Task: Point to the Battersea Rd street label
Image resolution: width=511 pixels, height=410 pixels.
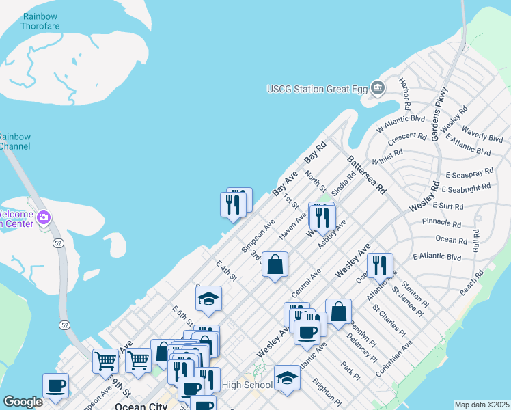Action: pos(367,174)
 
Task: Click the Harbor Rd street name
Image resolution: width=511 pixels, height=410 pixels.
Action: pos(404,94)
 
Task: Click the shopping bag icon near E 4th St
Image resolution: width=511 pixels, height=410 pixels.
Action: pos(275,264)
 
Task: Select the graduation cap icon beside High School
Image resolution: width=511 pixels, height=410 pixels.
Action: pos(287,378)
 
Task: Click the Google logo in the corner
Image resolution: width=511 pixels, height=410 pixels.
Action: pos(23,402)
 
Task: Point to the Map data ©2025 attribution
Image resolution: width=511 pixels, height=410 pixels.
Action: pos(481,405)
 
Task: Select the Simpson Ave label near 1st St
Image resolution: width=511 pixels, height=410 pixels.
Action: pos(258,236)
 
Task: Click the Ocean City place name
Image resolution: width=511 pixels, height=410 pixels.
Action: pos(139,406)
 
